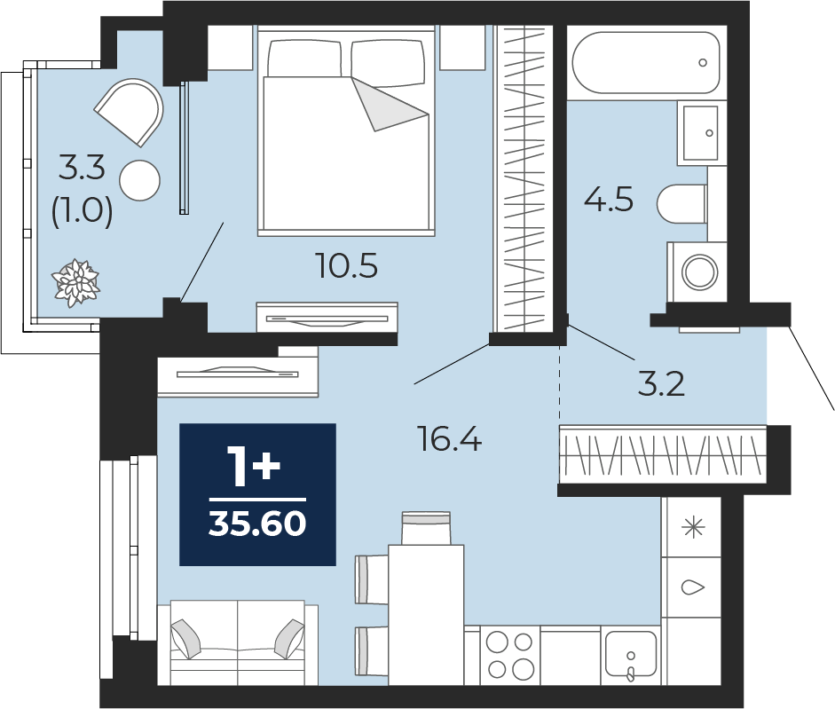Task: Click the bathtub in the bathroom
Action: pos(647,63)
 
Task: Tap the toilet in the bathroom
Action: pos(681,204)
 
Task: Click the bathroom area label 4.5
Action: pos(609,200)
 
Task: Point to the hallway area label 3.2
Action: pos(661,383)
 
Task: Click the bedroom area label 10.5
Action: pos(347,265)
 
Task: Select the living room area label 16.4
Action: pos(451,439)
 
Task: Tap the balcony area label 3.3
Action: pos(82,168)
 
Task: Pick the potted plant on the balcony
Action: pos(75,282)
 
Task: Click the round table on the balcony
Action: pos(139,181)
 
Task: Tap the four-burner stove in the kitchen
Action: pos(510,655)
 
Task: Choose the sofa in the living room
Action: pos(238,642)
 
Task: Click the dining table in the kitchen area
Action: pos(426,615)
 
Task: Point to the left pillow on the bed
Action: pos(304,58)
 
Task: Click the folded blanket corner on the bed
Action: pos(390,104)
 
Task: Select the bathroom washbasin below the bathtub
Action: pos(701,132)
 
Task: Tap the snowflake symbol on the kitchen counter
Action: pos(693,527)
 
